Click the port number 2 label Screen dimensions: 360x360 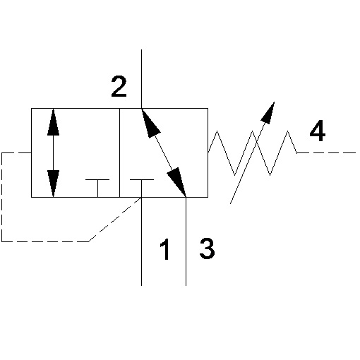coord(119,87)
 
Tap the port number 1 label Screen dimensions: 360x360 coord(165,249)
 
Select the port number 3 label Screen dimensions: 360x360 coord(207,248)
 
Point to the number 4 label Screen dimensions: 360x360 coord(318,131)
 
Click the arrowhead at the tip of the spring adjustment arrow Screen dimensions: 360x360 coord(269,112)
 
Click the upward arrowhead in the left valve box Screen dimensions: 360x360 coord(53,122)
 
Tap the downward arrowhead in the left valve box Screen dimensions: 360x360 coord(53,184)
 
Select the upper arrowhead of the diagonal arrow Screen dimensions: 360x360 coord(150,122)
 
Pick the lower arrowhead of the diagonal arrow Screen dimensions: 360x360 coord(177,182)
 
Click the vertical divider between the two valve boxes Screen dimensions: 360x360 coord(119,152)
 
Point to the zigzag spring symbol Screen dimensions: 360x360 coord(253,153)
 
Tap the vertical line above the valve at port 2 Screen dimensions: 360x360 coord(141,79)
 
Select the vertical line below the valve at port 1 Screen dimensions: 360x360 coord(141,241)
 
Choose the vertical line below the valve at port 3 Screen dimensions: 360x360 coord(186,241)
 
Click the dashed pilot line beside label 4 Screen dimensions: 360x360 coord(326,153)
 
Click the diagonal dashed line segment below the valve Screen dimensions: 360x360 coord(115,220)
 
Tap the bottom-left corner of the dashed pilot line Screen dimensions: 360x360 coord(2,241)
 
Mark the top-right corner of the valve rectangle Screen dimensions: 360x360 coord(208,109)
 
